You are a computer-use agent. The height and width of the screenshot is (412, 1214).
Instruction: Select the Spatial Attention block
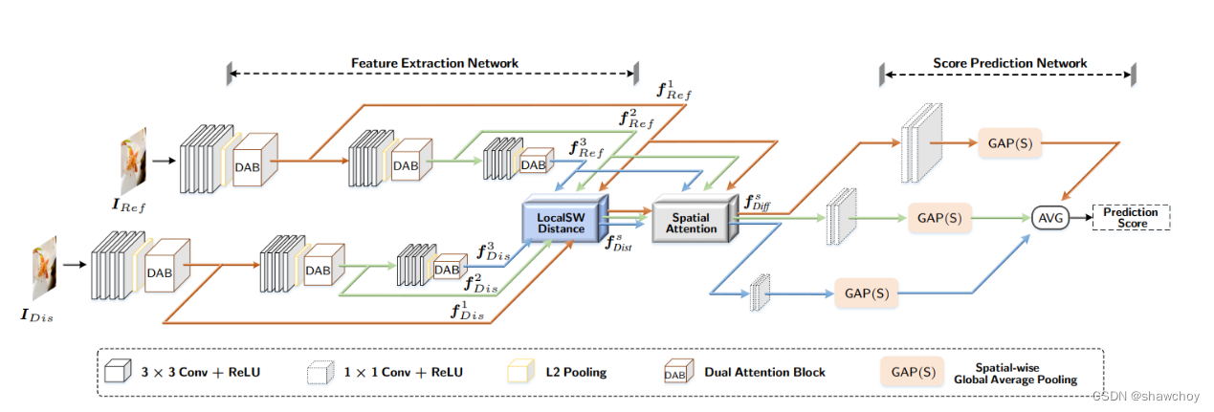[691, 222]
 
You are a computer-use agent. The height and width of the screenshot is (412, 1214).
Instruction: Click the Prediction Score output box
[1131, 217]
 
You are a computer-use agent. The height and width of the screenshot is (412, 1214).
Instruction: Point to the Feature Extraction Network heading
[434, 63]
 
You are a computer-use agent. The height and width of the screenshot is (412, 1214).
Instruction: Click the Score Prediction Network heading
[1009, 63]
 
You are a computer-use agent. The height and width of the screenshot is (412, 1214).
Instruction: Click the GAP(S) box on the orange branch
[1009, 145]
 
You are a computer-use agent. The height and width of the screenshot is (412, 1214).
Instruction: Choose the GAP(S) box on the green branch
[938, 218]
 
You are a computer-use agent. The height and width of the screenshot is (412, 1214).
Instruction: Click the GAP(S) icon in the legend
[912, 371]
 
